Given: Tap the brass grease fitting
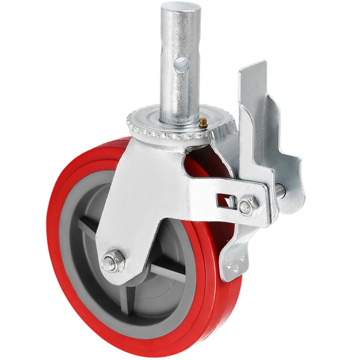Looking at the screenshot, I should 203,123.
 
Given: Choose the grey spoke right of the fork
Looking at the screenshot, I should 169,272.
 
